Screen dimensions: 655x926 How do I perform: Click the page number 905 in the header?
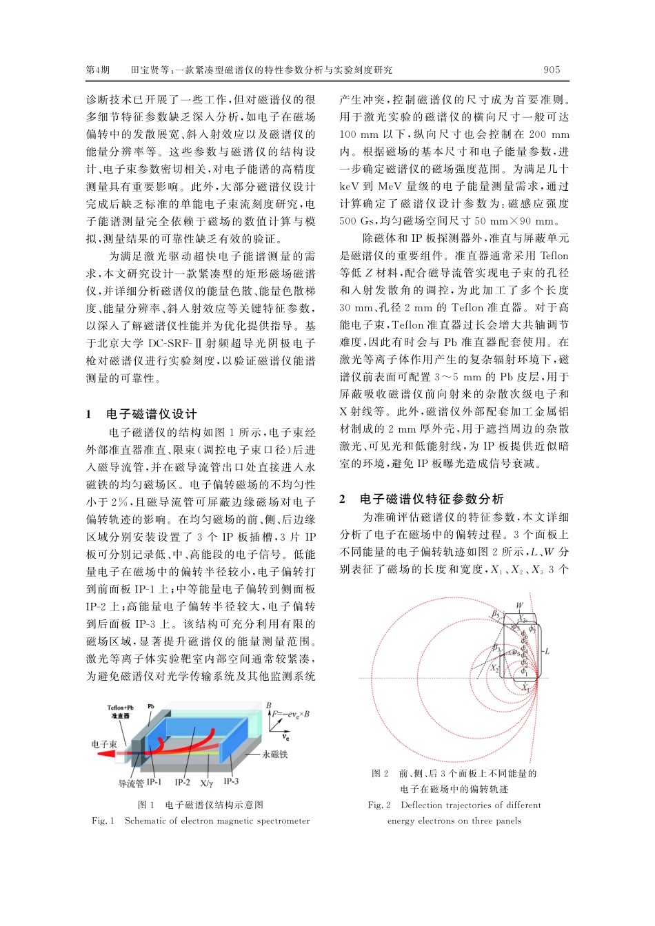pyautogui.click(x=552, y=70)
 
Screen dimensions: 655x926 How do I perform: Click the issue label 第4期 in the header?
pyautogui.click(x=97, y=70)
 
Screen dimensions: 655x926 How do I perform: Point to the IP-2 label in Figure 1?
pyautogui.click(x=182, y=782)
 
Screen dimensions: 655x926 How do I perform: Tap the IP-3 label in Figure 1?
pyautogui.click(x=231, y=781)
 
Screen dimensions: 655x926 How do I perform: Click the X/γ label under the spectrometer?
pyautogui.click(x=207, y=783)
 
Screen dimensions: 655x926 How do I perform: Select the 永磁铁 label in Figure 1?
pyautogui.click(x=275, y=754)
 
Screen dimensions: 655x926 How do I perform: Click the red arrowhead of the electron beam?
pyautogui.click(x=105, y=753)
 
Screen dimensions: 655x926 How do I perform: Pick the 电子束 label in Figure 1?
pyautogui.click(x=103, y=744)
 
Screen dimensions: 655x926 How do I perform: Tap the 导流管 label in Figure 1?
pyautogui.click(x=130, y=783)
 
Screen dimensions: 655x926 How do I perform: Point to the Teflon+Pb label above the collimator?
pyautogui.click(x=120, y=708)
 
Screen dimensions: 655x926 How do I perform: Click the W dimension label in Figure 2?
pyautogui.click(x=519, y=606)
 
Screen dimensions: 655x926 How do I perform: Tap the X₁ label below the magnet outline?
pyautogui.click(x=526, y=687)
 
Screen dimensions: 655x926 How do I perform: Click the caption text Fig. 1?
pyautogui.click(x=103, y=821)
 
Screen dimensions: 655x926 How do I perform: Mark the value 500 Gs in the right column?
pyautogui.click(x=357, y=221)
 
